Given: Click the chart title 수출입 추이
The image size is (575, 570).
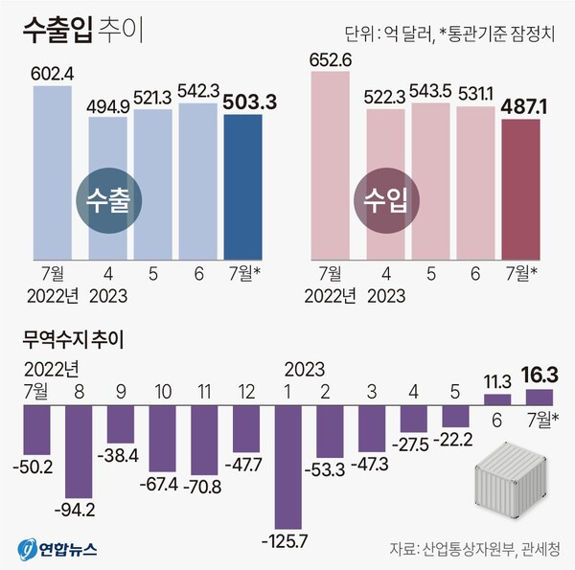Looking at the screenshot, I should [81, 32].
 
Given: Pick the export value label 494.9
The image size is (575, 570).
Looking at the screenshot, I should [107, 104].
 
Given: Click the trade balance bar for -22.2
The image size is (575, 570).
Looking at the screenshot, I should [454, 418].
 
